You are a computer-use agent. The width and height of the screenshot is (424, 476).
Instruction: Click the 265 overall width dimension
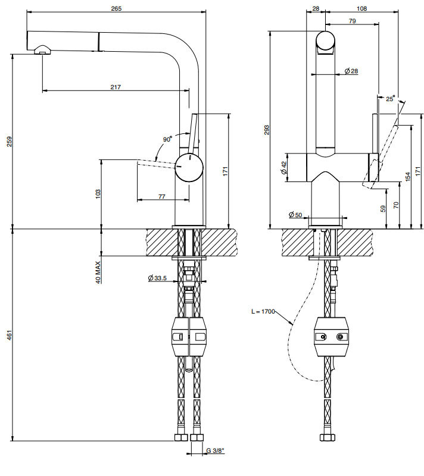click(x=116, y=8)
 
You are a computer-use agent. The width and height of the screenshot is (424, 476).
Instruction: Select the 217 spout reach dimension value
click(x=116, y=87)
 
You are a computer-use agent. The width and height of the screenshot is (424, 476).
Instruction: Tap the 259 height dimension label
click(x=10, y=142)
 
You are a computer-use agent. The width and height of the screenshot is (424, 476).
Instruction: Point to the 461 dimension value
click(x=10, y=335)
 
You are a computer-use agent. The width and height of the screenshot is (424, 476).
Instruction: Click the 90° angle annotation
click(x=168, y=139)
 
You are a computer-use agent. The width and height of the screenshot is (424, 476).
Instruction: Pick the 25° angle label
click(x=390, y=99)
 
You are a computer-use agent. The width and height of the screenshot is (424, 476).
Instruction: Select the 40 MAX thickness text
click(x=98, y=273)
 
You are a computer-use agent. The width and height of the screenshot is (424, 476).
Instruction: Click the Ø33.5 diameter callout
click(x=157, y=278)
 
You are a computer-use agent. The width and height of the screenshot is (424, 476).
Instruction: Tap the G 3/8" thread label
click(x=216, y=450)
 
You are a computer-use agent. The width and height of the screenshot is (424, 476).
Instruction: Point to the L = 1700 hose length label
click(x=263, y=311)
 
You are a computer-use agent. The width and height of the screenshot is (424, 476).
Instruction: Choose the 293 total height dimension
click(x=266, y=130)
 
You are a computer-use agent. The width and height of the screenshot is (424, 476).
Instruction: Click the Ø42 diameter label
click(x=283, y=168)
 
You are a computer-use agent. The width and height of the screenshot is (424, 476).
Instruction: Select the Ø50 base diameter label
click(x=295, y=215)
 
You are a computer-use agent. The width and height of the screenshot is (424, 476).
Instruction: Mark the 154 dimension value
click(x=407, y=176)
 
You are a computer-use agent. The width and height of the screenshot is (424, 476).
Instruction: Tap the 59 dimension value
click(x=383, y=209)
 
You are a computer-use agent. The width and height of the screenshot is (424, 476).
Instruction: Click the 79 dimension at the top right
click(x=353, y=21)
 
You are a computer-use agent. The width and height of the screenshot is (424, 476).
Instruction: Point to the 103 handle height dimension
click(x=98, y=194)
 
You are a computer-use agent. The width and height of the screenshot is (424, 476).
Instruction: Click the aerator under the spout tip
click(x=42, y=50)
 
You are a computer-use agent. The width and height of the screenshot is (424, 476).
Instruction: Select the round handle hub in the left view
click(x=189, y=168)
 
